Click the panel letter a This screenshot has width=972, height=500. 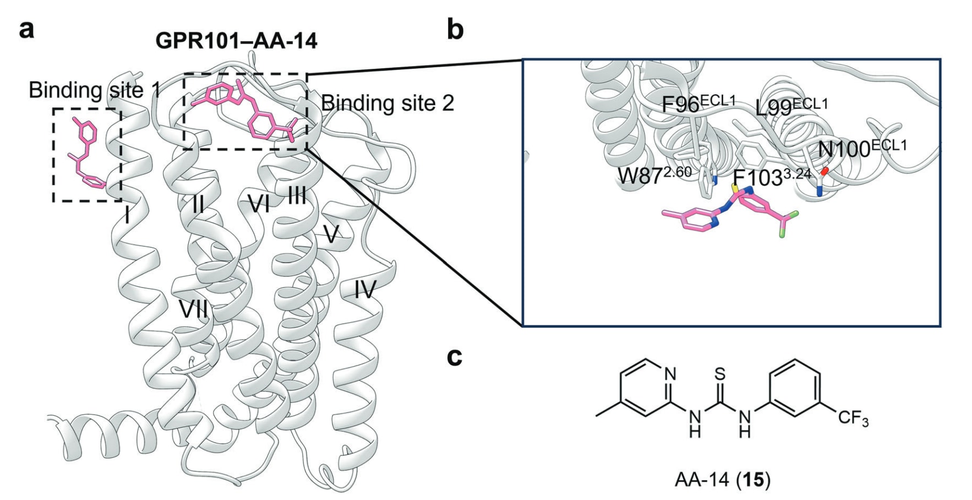26,29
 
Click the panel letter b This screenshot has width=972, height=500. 455,29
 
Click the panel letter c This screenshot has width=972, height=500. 454,357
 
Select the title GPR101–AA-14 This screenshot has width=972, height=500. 236,41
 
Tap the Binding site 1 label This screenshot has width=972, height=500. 95,90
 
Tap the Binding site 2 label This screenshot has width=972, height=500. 387,103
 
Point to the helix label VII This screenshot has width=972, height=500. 193,309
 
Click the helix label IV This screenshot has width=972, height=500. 364,289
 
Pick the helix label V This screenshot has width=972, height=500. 331,235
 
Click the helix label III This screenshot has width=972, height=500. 297,195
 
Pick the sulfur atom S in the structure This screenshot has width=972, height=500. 720,374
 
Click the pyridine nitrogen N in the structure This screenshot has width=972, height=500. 670,374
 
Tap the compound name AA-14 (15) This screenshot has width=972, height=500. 722,480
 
